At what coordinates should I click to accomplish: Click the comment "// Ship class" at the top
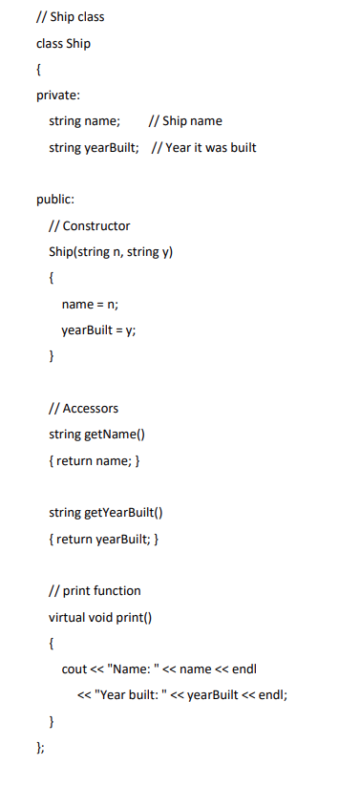pyautogui.click(x=70, y=16)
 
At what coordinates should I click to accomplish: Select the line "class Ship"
pyautogui.click(x=63, y=43)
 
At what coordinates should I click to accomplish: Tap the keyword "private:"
pyautogui.click(x=58, y=95)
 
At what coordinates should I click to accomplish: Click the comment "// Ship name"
pyautogui.click(x=186, y=121)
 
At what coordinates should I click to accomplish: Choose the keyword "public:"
pyautogui.click(x=55, y=200)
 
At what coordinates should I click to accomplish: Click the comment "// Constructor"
pyautogui.click(x=89, y=225)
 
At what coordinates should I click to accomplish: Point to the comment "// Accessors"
pyautogui.click(x=84, y=408)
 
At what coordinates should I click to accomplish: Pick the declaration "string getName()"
pyautogui.click(x=95, y=435)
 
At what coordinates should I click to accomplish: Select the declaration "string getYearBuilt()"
pyautogui.click(x=106, y=513)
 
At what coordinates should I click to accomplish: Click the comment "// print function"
pyautogui.click(x=95, y=590)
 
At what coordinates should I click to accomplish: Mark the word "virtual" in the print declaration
pyautogui.click(x=68, y=616)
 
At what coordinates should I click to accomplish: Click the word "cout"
pyautogui.click(x=74, y=669)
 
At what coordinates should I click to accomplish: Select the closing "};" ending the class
pyautogui.click(x=40, y=746)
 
